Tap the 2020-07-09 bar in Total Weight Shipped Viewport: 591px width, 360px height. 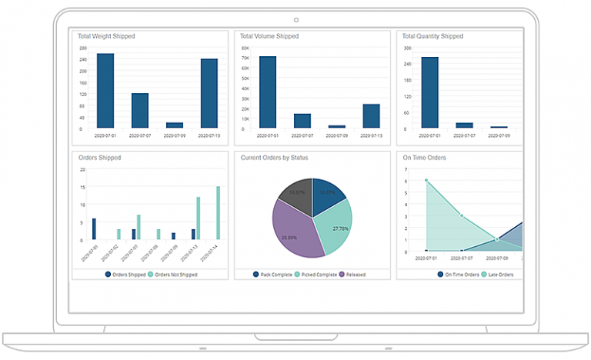point(175,125)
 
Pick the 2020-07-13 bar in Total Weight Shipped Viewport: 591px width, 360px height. point(209,93)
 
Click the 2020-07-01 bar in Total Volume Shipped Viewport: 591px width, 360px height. point(268,92)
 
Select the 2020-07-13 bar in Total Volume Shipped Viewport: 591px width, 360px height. point(372,115)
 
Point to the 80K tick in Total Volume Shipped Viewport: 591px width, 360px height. point(245,48)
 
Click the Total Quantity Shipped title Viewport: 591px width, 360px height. point(432,36)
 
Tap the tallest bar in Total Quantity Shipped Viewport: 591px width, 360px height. point(430,92)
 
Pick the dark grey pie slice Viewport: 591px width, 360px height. point(295,193)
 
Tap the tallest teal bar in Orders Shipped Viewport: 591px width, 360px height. point(218,213)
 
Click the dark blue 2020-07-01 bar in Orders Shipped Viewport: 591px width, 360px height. point(94,229)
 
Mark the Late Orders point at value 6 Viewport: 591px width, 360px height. point(426,181)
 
